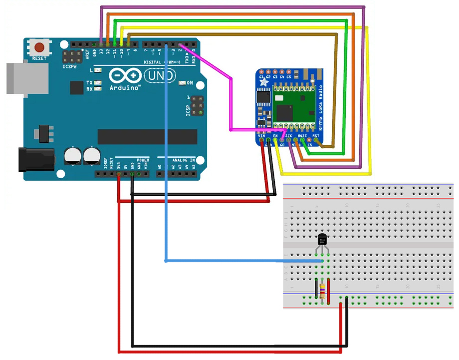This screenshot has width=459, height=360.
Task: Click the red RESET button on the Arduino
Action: pos(39,48)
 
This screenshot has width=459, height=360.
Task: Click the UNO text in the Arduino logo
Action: pos(160,75)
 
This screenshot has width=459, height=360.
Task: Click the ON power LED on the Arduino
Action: pos(182,83)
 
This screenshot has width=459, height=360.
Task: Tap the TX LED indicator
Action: pos(98,82)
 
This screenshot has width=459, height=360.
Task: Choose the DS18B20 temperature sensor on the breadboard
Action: pos(322,241)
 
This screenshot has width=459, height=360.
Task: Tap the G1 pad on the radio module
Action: pos(261,77)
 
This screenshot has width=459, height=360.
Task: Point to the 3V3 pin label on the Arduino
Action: pos(118,164)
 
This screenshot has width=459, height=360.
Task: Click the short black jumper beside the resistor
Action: pos(316,289)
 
